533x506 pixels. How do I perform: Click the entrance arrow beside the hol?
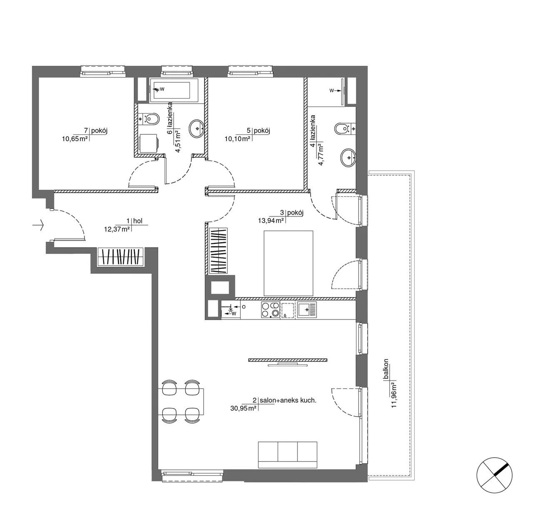[38, 225]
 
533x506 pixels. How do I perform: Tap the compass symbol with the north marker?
[494, 475]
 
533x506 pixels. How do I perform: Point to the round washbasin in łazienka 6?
[197, 129]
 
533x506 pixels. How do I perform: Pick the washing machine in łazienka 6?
[149, 144]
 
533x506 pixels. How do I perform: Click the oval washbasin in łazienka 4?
[348, 157]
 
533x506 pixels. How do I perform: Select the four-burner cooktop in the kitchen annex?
[270, 310]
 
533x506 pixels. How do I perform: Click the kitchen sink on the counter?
[307, 310]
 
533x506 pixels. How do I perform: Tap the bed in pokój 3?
[288, 263]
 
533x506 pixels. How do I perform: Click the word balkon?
[386, 369]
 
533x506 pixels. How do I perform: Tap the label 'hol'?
[138, 221]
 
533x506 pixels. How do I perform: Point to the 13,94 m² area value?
[271, 221]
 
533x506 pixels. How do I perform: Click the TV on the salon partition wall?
[288, 366]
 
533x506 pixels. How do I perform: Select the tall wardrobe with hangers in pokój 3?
[218, 251]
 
